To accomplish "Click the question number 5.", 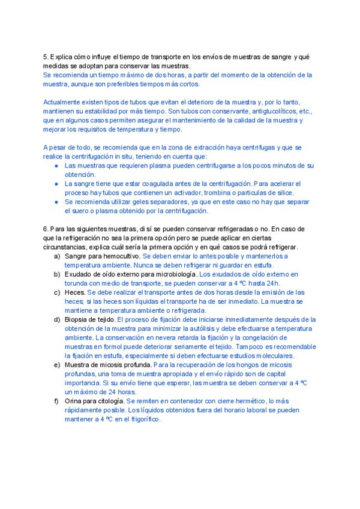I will (x=45, y=57).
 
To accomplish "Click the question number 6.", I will (x=45, y=229).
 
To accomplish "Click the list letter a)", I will (x=57, y=256).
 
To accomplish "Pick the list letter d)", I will (x=57, y=320).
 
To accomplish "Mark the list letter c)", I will (x=57, y=292).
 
